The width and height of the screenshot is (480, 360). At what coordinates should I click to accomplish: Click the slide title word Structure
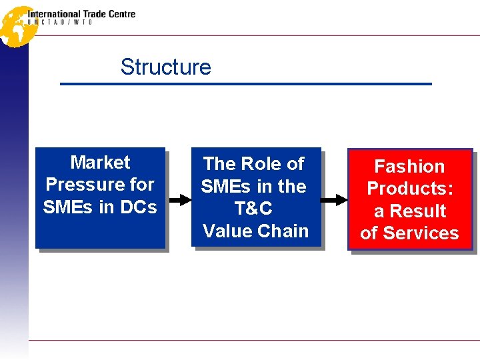click(x=165, y=67)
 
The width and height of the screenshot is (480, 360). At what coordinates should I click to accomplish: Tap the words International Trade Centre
click(x=81, y=13)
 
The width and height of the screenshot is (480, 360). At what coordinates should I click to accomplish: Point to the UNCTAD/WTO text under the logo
click(x=60, y=22)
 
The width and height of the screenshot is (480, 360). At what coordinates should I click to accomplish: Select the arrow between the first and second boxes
click(x=179, y=199)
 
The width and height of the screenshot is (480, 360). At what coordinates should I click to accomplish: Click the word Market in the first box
click(x=100, y=162)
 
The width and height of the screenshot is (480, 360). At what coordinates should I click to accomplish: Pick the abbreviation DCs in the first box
click(x=138, y=207)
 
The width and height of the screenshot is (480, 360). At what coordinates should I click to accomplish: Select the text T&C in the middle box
click(x=254, y=209)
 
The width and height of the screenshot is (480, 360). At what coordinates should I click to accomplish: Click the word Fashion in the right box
click(x=409, y=166)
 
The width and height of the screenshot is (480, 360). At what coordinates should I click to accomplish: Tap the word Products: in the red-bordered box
click(x=410, y=188)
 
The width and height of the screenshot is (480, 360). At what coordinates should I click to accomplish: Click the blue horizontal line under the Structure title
click(x=246, y=84)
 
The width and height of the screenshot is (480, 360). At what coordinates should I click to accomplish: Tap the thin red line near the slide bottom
click(x=253, y=340)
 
